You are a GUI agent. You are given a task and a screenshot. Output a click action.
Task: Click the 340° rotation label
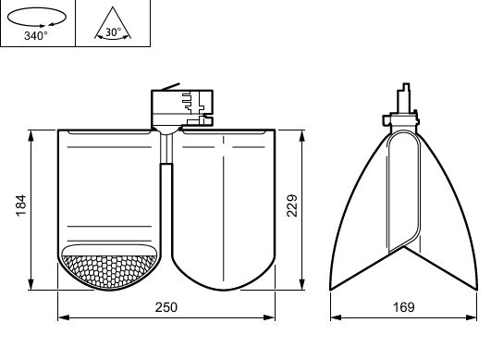point(36,36)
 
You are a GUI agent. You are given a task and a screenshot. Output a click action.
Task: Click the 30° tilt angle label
point(114,32)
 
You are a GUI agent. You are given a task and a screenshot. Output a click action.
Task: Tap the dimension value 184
point(21,205)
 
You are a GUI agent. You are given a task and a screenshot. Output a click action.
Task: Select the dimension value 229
point(292,205)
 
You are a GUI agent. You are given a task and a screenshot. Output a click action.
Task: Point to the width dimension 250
point(166,307)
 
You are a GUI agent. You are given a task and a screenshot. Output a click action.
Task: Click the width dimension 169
point(404,307)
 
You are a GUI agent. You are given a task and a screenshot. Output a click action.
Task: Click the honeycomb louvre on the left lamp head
point(109,271)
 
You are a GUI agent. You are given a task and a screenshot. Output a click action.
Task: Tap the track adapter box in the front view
point(182,108)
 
